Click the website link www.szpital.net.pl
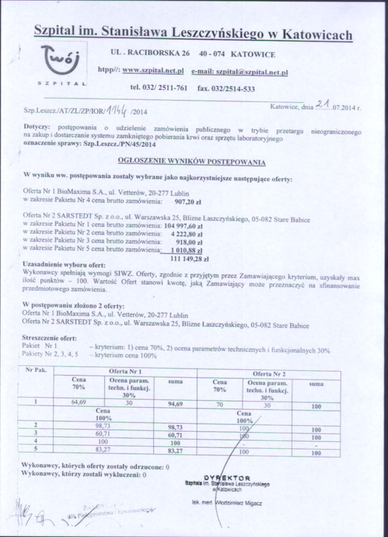[157, 71]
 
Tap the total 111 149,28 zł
[186, 260]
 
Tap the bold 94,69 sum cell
[176, 404]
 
